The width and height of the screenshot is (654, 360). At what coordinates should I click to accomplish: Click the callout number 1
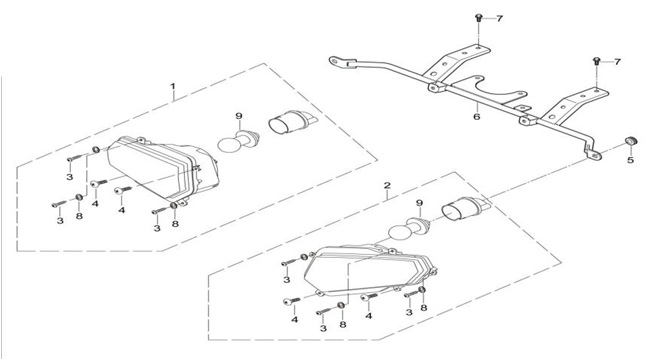(173, 86)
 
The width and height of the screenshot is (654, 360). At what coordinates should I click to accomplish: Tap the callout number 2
(387, 185)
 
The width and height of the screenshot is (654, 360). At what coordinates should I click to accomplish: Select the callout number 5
(630, 160)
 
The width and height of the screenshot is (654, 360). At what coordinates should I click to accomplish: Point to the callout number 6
(477, 116)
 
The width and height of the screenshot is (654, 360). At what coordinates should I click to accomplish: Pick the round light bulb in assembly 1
(228, 145)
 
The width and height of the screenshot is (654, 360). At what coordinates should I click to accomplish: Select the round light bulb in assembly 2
(399, 230)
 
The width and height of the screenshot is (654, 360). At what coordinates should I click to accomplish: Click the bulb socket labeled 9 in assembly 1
(248, 138)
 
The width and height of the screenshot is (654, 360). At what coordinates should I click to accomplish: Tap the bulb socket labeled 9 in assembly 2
(418, 224)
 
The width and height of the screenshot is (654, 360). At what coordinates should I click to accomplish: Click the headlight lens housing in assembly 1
(163, 169)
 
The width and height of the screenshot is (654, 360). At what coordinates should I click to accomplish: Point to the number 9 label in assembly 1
(239, 116)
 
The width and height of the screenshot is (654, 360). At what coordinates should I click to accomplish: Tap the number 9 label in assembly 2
(419, 203)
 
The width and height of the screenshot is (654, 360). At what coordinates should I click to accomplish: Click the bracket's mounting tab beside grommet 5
(592, 153)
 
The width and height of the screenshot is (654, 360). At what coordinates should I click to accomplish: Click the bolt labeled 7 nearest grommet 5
(596, 61)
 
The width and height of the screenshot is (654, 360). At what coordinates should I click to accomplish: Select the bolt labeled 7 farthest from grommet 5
(478, 18)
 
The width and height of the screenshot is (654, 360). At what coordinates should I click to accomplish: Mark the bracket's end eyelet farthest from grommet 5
(336, 61)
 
